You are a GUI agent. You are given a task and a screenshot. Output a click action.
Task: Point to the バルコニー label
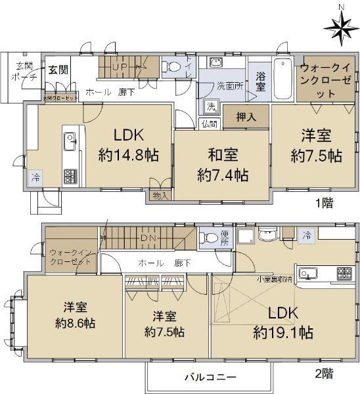click(x=210, y=377)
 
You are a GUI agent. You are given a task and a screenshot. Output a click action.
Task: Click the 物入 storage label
click(x=160, y=195)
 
